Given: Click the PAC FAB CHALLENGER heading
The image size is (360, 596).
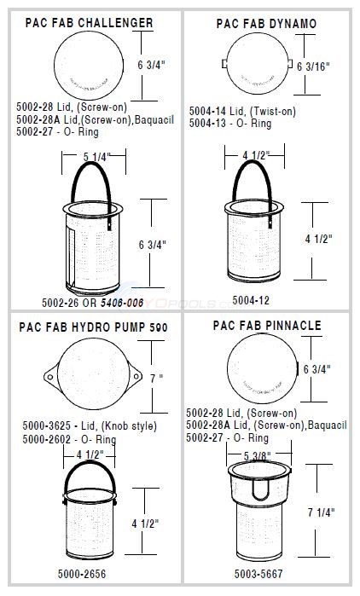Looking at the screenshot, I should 102,22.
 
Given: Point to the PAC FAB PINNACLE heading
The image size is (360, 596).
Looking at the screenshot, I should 267,326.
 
